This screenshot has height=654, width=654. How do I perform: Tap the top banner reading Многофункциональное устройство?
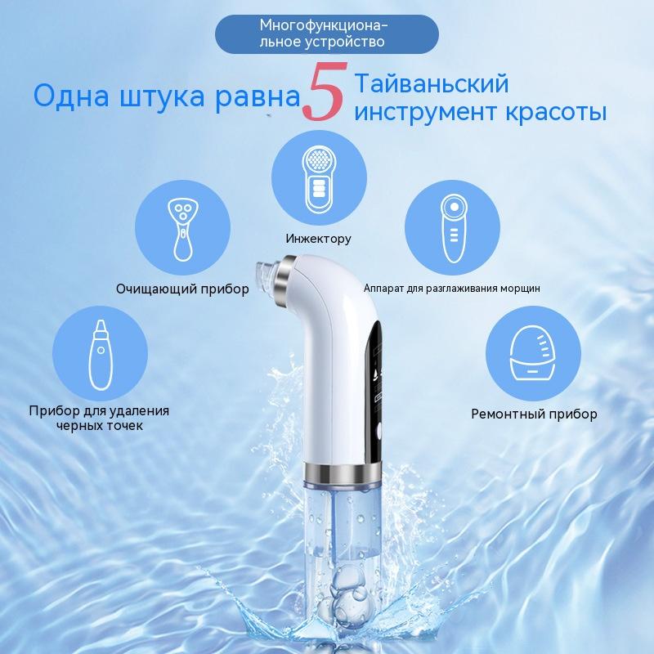pyautogui.click(x=326, y=30)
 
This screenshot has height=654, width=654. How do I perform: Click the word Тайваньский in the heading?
pyautogui.click(x=432, y=83)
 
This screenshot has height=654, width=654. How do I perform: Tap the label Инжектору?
pyautogui.click(x=319, y=240)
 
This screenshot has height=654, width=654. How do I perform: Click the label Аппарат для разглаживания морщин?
pyautogui.click(x=451, y=289)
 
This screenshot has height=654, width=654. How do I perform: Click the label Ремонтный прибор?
pyautogui.click(x=534, y=414)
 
